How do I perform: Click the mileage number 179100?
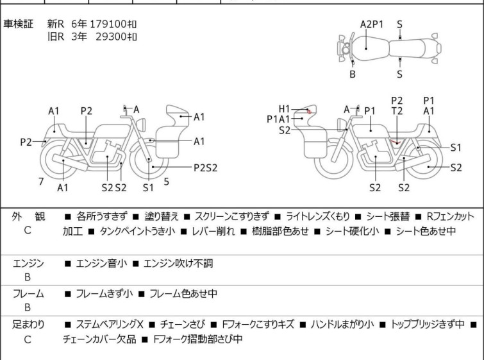[108, 24]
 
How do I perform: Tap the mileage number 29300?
[111, 37]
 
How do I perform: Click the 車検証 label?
[18, 24]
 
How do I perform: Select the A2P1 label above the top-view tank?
[372, 24]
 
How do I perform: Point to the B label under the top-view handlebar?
[353, 74]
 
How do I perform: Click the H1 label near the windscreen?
[284, 109]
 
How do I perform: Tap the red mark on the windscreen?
[309, 112]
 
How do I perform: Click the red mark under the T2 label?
[396, 142]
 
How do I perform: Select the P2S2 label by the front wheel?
[206, 167]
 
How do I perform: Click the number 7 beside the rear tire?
[41, 182]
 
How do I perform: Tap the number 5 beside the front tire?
[167, 182]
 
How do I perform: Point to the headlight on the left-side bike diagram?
[142, 125]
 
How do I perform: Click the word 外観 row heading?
[28, 216]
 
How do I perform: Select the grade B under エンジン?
[28, 277]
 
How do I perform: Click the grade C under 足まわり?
[28, 339]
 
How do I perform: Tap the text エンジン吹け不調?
[178, 263]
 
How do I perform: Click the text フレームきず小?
[104, 293]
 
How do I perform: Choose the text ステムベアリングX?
[110, 325]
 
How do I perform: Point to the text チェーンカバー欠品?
[99, 339]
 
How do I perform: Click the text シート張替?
[388, 216]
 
